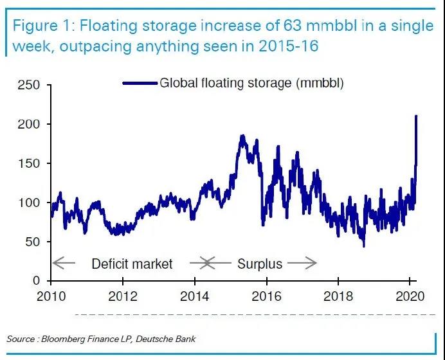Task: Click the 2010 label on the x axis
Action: coord(51,298)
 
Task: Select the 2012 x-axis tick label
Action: coord(123,298)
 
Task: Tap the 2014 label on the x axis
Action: coord(194,298)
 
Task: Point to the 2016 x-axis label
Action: coord(266,298)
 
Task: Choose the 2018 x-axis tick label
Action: coord(338,298)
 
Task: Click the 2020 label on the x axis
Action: coord(410,298)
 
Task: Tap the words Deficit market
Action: coord(132,264)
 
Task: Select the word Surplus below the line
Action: coord(259,264)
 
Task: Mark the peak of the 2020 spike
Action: coord(416,116)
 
